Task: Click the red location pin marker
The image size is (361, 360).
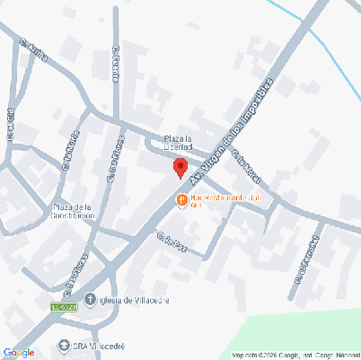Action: point(180,167)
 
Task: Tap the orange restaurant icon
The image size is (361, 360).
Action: point(181,198)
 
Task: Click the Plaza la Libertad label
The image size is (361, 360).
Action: point(178,143)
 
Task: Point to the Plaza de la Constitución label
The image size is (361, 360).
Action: point(68,211)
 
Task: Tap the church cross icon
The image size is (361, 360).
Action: point(90,300)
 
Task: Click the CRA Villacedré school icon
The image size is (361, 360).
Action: point(63,345)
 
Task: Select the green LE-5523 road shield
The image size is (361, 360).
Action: point(66,308)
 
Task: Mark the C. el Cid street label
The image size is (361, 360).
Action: point(11,127)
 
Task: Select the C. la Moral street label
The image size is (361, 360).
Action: point(244,163)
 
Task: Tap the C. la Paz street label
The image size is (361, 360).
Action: point(171,240)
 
